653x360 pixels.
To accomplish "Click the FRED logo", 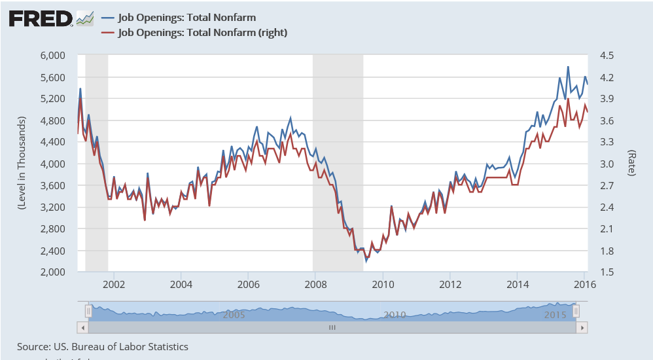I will pos(41,18).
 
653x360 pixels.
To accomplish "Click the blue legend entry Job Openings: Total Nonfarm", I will pos(186,18).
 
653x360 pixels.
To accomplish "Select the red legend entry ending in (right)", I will pos(202,32).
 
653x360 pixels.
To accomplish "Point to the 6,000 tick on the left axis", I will pos(49,56).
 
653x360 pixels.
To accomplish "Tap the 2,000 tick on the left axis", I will pos(49,272).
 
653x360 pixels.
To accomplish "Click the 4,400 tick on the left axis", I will pos(49,142).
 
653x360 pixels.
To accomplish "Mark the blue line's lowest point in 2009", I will pos(366,261).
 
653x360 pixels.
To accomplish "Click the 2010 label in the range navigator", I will pos(395,315).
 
